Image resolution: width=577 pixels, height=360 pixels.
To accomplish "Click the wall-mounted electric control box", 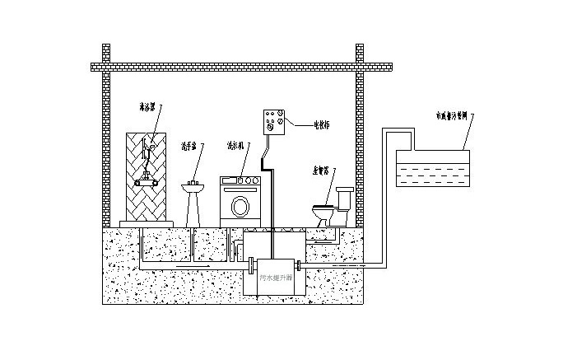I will click(273, 123).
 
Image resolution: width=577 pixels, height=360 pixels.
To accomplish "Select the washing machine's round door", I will click(240, 205).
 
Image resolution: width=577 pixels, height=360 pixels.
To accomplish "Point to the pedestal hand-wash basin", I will click(194, 198).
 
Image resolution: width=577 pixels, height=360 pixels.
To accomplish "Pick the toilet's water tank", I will click(343, 198).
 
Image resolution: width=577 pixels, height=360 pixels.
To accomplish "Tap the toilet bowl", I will click(324, 212).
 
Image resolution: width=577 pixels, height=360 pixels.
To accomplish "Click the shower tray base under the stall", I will click(146, 222).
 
